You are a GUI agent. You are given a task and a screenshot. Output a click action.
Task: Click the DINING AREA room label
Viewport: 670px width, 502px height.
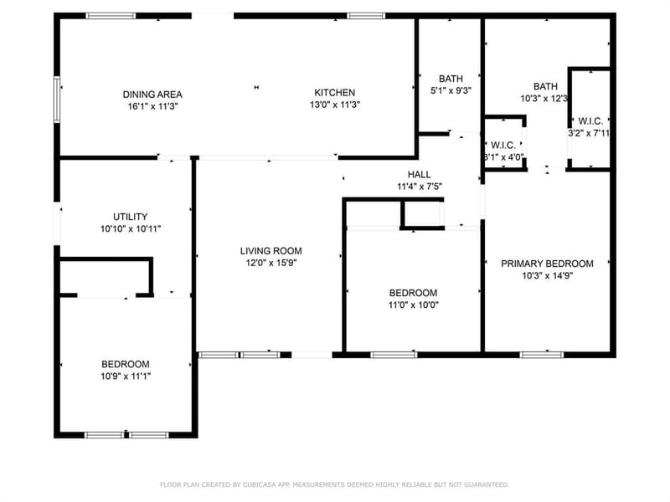tap(152, 95)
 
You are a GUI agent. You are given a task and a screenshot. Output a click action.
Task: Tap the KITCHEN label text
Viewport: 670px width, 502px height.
tap(334, 93)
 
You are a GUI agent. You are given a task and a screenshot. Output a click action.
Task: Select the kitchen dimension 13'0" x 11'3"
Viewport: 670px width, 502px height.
tap(335, 105)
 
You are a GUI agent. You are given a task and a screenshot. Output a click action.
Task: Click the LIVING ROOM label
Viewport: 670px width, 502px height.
tap(271, 251)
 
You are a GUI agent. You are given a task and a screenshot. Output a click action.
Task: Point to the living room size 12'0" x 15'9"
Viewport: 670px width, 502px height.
tap(271, 263)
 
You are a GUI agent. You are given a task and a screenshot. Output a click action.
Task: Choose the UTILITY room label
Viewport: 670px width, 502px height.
tap(131, 217)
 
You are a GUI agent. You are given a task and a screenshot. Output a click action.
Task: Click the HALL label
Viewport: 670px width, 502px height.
tap(420, 175)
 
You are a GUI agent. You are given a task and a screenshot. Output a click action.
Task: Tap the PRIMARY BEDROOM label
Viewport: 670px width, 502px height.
tap(547, 264)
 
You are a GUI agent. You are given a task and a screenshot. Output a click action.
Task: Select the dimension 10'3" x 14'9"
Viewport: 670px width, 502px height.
tap(548, 276)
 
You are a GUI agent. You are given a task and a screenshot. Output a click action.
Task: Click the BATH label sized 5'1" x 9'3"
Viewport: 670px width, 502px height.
tap(451, 79)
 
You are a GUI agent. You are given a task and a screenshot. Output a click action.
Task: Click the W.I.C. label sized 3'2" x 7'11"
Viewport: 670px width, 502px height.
tap(590, 121)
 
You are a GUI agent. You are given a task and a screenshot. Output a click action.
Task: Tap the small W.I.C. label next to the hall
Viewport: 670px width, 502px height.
tap(503, 145)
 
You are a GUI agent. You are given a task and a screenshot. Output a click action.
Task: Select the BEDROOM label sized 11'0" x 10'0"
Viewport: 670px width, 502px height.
tap(413, 294)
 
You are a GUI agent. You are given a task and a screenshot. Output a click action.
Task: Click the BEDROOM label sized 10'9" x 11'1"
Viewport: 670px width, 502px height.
tap(126, 365)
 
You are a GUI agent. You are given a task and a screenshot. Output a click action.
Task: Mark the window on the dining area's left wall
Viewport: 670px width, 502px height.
tap(57, 100)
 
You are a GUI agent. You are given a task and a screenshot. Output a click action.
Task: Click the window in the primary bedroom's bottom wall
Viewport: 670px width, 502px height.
tap(541, 355)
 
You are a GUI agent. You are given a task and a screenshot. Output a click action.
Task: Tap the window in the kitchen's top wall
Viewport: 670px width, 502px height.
tap(366, 16)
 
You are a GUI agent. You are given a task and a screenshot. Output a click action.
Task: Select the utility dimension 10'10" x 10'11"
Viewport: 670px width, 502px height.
tap(131, 229)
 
